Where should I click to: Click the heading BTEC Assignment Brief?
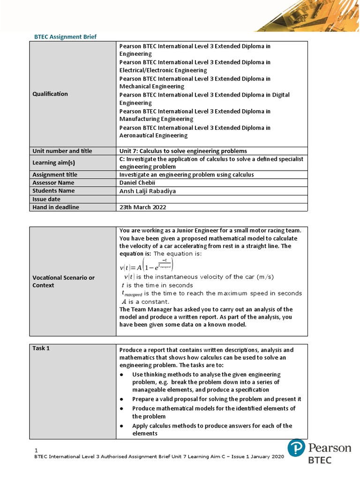click(x=66, y=37)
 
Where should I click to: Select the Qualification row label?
click(x=50, y=94)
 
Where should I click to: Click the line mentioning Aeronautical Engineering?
click(x=195, y=132)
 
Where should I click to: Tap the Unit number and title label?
click(x=62, y=151)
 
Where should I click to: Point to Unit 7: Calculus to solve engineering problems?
click(x=183, y=151)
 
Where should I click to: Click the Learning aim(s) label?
click(x=53, y=163)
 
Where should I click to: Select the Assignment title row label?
click(x=55, y=174)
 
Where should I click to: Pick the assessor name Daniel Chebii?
click(x=137, y=182)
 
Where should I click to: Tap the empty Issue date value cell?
click(x=211, y=199)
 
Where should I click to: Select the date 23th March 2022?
click(x=142, y=207)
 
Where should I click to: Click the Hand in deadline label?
click(x=56, y=207)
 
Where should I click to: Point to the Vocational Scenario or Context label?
click(x=63, y=281)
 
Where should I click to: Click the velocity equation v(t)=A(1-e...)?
click(x=147, y=265)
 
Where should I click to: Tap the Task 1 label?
click(x=41, y=348)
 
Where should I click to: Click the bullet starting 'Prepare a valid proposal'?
click(x=216, y=399)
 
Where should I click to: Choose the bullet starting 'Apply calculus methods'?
click(x=212, y=429)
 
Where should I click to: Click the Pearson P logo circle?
click(x=296, y=448)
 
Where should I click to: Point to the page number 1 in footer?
click(x=37, y=450)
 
